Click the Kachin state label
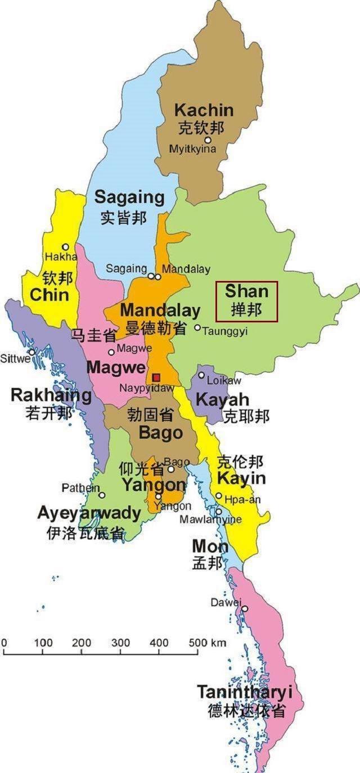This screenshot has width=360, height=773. pyautogui.click(x=204, y=110)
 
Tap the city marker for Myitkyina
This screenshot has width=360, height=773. pyautogui.click(x=208, y=140)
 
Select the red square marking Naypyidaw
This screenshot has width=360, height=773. pyautogui.click(x=156, y=377)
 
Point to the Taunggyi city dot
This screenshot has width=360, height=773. pyautogui.click(x=197, y=327)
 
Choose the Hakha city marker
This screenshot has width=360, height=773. pyautogui.click(x=66, y=246)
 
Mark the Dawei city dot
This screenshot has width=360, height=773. pyautogui.click(x=245, y=609)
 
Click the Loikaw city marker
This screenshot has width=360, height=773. pyautogui.click(x=201, y=375)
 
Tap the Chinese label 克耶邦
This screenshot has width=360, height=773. pyautogui.click(x=246, y=416)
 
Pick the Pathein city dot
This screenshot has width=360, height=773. pyautogui.click(x=102, y=495)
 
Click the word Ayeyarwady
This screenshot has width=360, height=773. pyautogui.click(x=89, y=513)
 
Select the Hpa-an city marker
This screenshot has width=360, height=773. pyautogui.click(x=219, y=496)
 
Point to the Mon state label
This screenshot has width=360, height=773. pyautogui.click(x=210, y=546)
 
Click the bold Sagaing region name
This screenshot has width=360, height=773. pyautogui.click(x=129, y=197)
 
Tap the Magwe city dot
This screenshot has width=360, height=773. pyautogui.click(x=111, y=352)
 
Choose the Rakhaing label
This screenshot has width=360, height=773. pyautogui.click(x=51, y=395)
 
